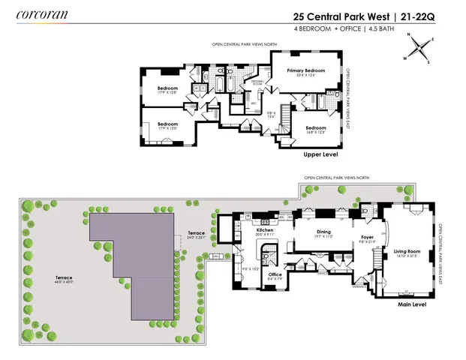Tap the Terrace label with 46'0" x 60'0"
coord(64,277)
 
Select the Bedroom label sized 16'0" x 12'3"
coord(315,128)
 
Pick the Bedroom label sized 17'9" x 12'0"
coord(167,124)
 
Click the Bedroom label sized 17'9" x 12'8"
coord(167,88)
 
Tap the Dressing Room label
coord(259,82)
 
